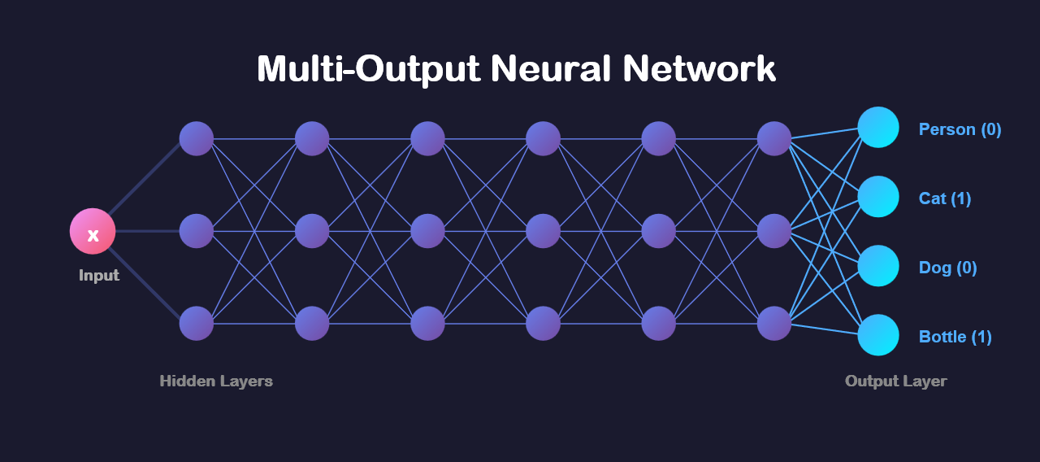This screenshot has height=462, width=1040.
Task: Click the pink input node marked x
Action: (x=93, y=232)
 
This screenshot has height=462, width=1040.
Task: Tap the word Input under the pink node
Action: (x=99, y=276)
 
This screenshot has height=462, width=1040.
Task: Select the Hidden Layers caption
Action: (x=216, y=381)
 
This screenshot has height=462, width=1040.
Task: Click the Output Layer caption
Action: (x=895, y=381)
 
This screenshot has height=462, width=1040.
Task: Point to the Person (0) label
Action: (x=960, y=129)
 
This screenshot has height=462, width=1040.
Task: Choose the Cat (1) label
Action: (x=945, y=198)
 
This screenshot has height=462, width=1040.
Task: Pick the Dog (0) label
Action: (x=947, y=268)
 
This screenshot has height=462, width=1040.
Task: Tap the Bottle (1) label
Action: (x=955, y=337)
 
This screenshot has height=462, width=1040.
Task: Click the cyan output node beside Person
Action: (x=878, y=128)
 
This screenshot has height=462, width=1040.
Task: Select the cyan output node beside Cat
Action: (x=878, y=197)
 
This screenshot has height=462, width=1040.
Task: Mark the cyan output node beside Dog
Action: (x=878, y=266)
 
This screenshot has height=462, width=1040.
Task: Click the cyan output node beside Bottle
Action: (x=878, y=335)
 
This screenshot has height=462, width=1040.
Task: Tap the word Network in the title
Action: (x=700, y=69)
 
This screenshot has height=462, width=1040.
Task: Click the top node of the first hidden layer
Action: (x=197, y=139)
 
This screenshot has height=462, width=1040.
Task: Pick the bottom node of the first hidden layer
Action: (x=197, y=324)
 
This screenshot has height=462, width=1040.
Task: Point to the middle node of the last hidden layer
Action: (x=774, y=231)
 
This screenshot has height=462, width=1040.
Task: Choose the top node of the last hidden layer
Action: (x=774, y=139)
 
